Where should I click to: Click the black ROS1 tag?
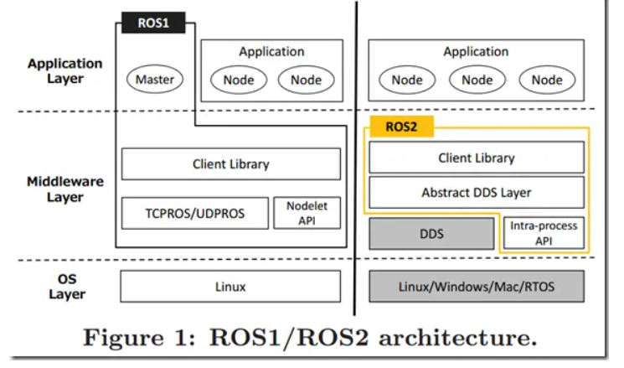[x=153, y=23]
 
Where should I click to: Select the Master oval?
[x=154, y=80]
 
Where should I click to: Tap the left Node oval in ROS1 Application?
[x=238, y=80]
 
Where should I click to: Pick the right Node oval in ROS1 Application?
[x=306, y=80]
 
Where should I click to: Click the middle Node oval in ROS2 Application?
[x=477, y=80]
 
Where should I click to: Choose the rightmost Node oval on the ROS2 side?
[x=546, y=80]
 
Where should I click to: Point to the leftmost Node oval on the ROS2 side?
[x=407, y=80]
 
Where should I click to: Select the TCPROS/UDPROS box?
[x=195, y=213]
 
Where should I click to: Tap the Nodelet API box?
[x=307, y=213]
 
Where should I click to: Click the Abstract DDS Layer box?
[x=476, y=192]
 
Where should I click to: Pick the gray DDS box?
[x=431, y=234]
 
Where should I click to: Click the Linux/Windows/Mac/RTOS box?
[x=476, y=287]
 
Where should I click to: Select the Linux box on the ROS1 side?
[x=230, y=287]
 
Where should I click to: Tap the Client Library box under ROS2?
[x=476, y=158]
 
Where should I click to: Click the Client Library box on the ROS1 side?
[x=230, y=164]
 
